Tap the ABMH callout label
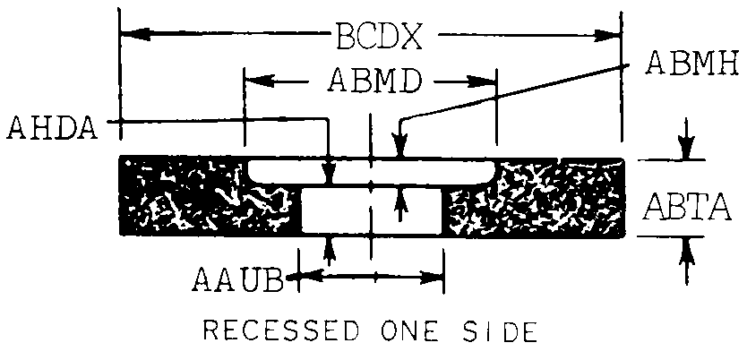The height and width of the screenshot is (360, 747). click(691, 64)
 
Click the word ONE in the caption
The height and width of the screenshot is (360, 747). click(400, 332)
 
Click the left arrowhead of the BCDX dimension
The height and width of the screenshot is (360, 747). click(127, 35)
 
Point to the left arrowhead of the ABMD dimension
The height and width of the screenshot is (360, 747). click(252, 80)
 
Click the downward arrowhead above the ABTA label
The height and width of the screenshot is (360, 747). click(686, 150)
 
